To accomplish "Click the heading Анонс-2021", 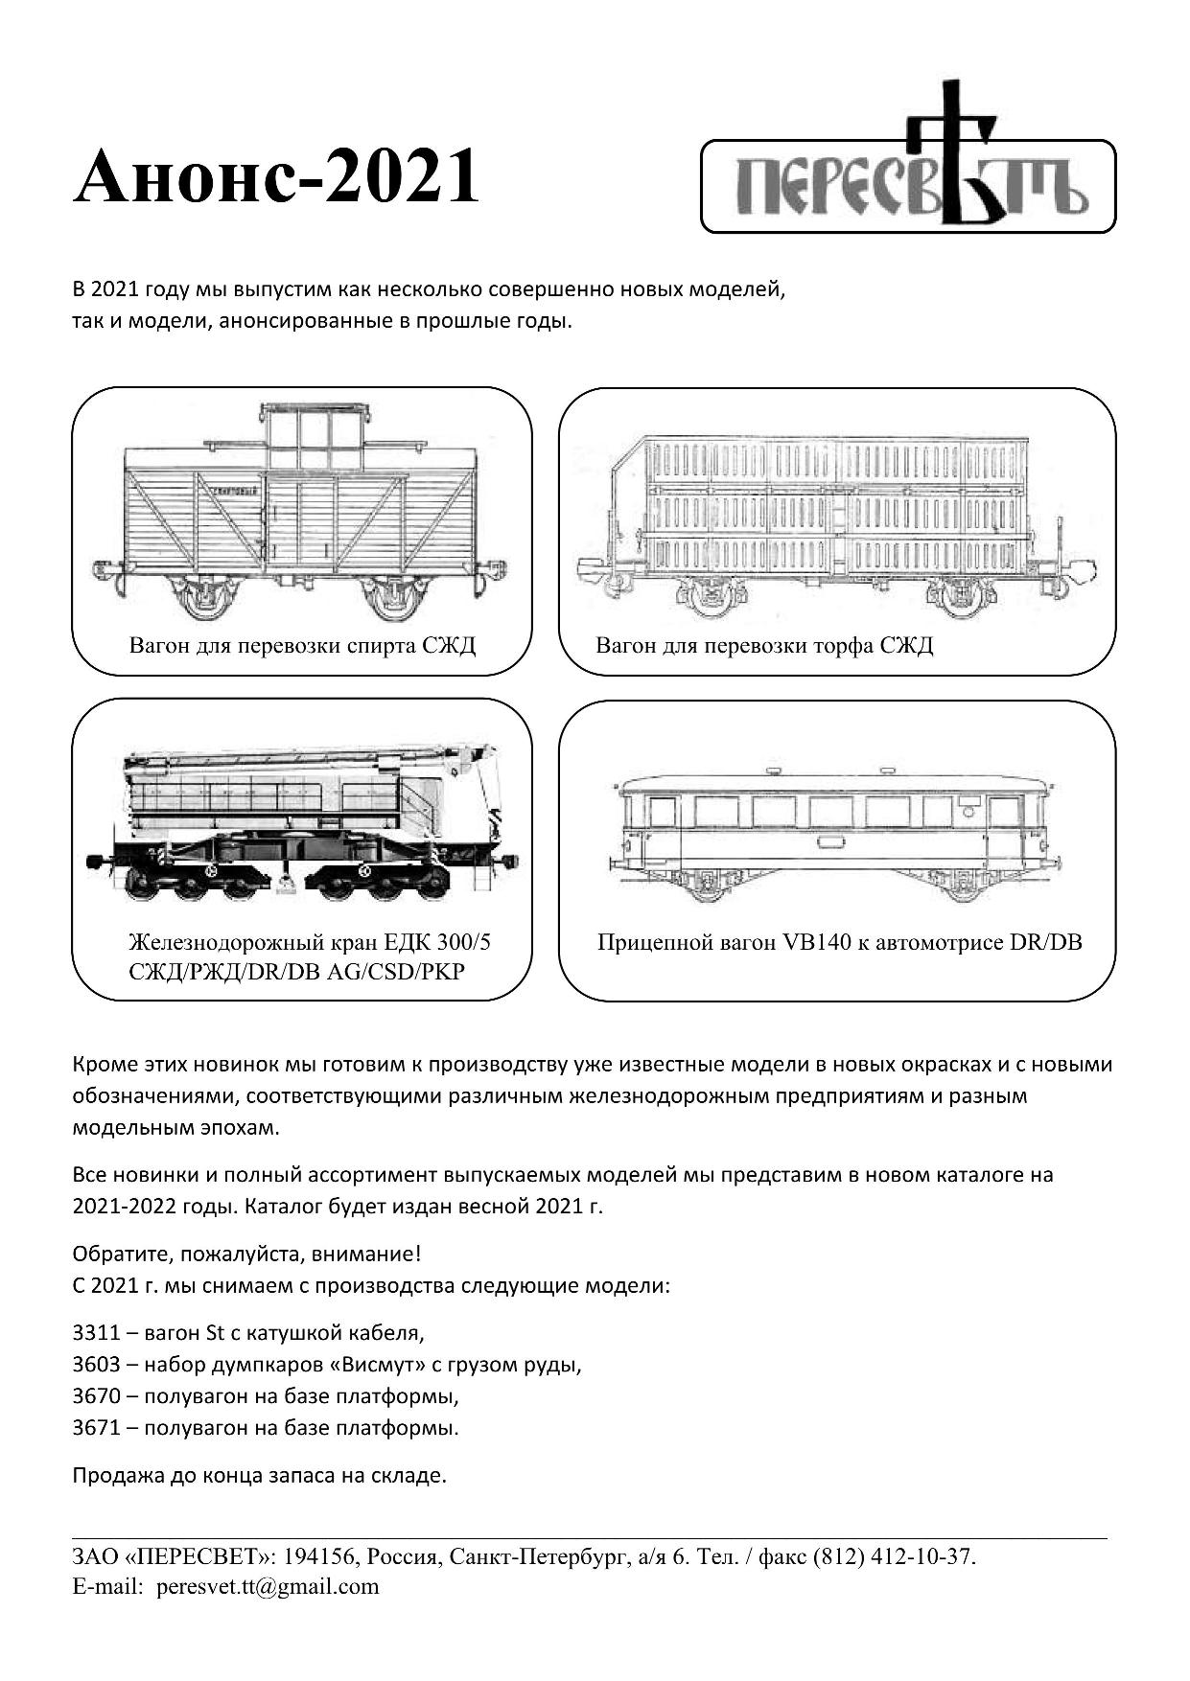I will [276, 177].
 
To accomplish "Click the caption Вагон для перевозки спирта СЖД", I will [302, 645].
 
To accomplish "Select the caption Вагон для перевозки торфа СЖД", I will [764, 645].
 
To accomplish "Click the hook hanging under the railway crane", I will [285, 884].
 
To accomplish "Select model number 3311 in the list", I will [96, 1333].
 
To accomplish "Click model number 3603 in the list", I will [96, 1365].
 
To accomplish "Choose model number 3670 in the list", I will [96, 1396].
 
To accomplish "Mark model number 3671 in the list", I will [96, 1428].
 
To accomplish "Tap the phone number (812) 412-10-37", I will [893, 1556].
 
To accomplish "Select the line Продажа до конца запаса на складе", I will [260, 1475].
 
